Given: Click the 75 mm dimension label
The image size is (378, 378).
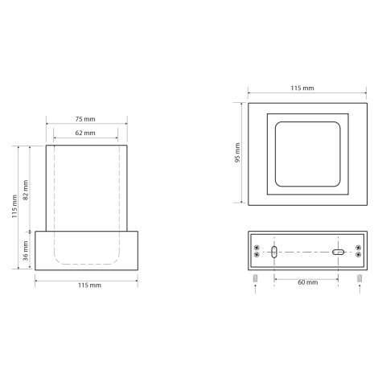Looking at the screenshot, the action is pos(85,119).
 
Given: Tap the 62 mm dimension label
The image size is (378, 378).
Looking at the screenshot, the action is pos(85,133).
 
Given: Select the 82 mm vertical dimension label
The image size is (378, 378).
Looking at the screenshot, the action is pos(26,190).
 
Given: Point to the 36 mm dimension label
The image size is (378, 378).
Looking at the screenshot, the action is pos(26,251).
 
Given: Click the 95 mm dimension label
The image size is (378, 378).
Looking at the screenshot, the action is pos(237,153).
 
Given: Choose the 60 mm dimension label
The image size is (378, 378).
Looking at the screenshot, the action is pos(308,282).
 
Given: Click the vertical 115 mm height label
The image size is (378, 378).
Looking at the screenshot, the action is pos(14,207).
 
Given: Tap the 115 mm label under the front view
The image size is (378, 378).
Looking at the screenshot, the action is pos(90,286).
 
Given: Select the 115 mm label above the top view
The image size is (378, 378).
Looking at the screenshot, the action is pos(302,88).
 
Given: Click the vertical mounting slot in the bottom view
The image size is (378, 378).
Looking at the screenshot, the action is pos(274,252).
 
